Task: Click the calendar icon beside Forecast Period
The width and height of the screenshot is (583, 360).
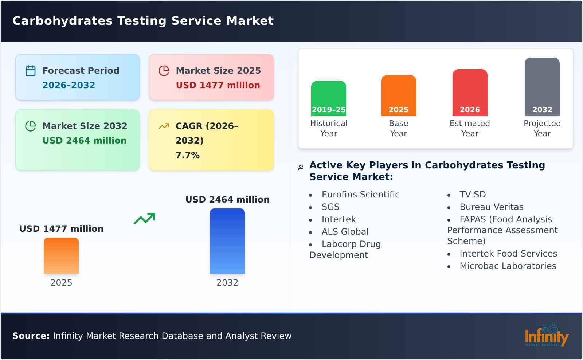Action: coord(31,71)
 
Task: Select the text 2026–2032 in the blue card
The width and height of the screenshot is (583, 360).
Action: coord(69,85)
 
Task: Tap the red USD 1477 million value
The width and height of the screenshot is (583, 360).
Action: coord(218,85)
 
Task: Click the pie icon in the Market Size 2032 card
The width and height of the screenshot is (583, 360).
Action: coord(31,126)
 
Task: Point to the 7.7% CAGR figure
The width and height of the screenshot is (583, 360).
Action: coord(187,155)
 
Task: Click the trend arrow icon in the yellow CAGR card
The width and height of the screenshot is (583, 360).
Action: coord(164,126)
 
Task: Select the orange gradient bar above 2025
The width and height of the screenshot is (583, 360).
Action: coord(61,256)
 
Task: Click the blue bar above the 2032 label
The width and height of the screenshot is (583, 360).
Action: coord(227,241)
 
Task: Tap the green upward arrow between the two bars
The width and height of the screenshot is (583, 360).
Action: coord(145,219)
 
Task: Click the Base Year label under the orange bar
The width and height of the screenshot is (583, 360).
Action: coord(398,128)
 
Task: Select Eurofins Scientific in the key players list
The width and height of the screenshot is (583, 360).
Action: coord(360,195)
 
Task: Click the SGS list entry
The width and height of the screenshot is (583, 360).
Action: coord(330,207)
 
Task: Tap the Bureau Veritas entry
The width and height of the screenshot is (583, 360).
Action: coord(491,207)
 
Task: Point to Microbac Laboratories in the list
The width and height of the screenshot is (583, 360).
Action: coord(508,266)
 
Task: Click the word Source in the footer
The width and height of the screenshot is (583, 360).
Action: coord(31,336)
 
